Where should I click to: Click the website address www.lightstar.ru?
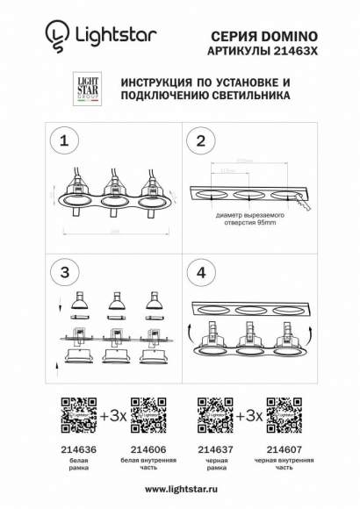coord(179,489)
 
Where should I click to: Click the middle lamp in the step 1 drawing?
coord(112,197)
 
